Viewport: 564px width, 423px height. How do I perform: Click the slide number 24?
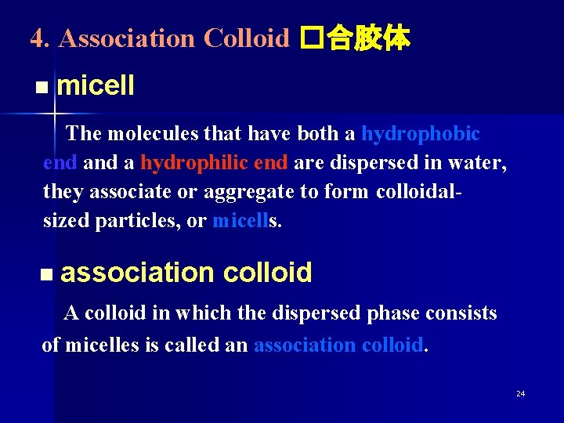click(x=520, y=393)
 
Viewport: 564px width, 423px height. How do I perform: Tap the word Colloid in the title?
click(x=246, y=38)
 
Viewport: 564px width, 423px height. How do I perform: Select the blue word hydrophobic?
click(x=420, y=134)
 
